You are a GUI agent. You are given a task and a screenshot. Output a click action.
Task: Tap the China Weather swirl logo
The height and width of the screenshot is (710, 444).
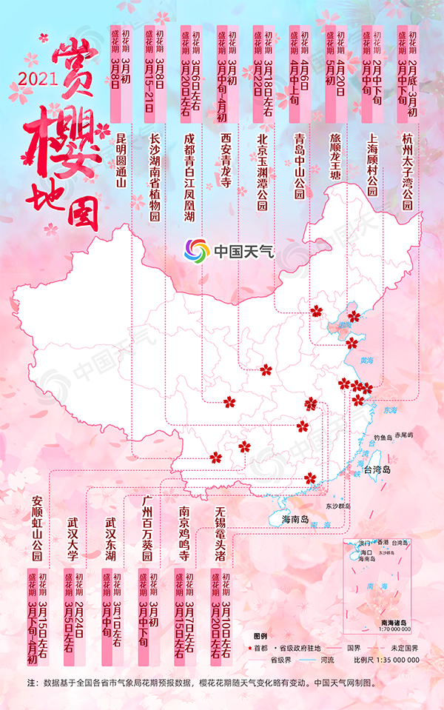197,250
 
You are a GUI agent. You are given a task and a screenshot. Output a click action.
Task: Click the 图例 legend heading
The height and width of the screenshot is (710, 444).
259,636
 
